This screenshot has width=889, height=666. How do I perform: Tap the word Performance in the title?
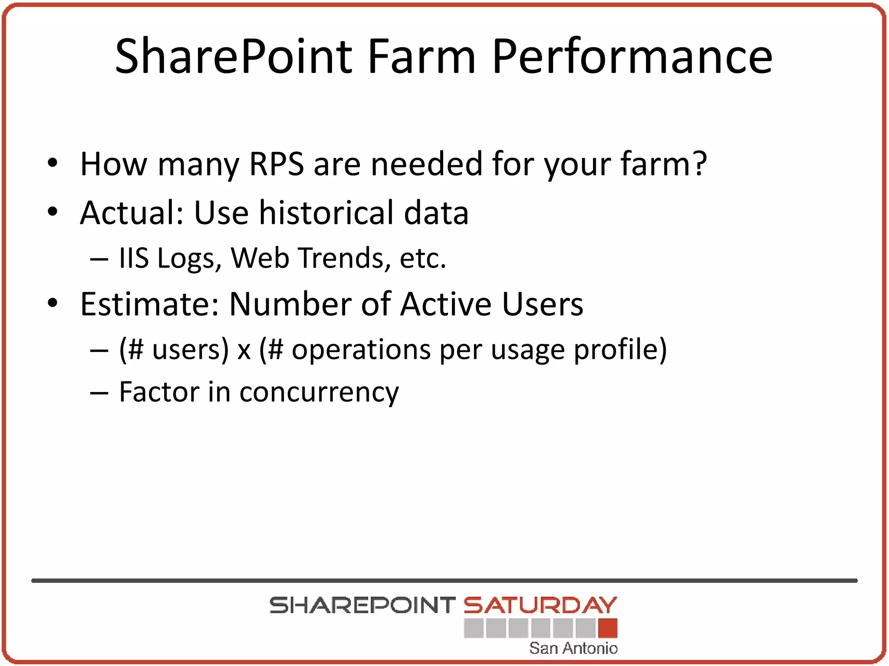[x=632, y=56]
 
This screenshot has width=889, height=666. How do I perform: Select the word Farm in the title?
[x=422, y=56]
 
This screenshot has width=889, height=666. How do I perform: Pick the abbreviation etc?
[x=422, y=259]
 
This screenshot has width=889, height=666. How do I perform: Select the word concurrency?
[x=319, y=393]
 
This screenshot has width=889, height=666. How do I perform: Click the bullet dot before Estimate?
[x=53, y=303]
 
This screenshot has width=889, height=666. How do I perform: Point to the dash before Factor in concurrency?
[x=99, y=393]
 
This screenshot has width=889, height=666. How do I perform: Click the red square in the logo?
[x=607, y=628]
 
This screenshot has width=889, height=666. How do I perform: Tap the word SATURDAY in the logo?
[x=540, y=605]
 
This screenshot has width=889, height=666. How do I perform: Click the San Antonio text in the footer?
[x=573, y=648]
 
